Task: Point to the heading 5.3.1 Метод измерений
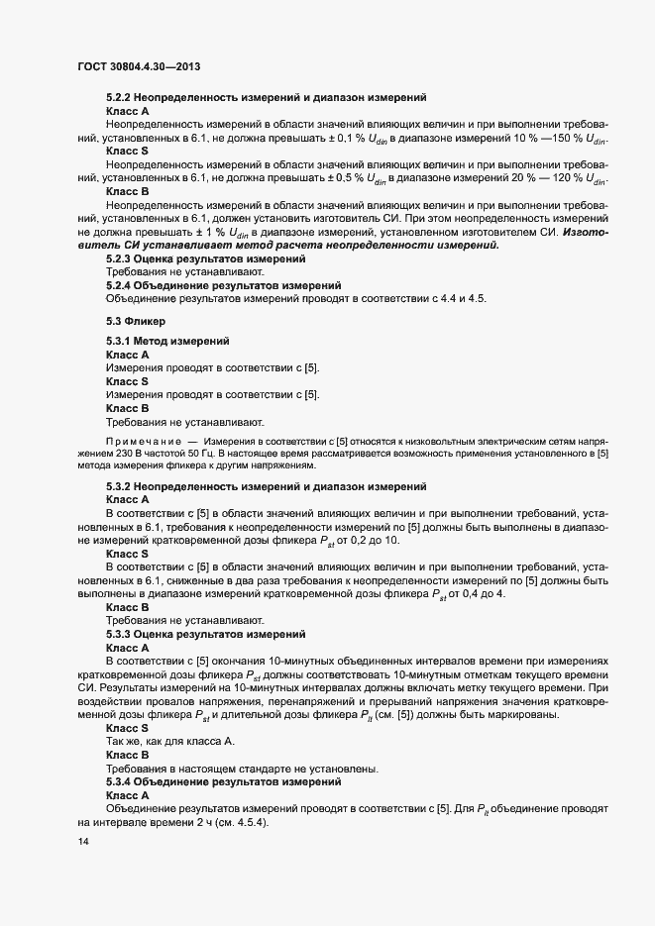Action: coord(168,341)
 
